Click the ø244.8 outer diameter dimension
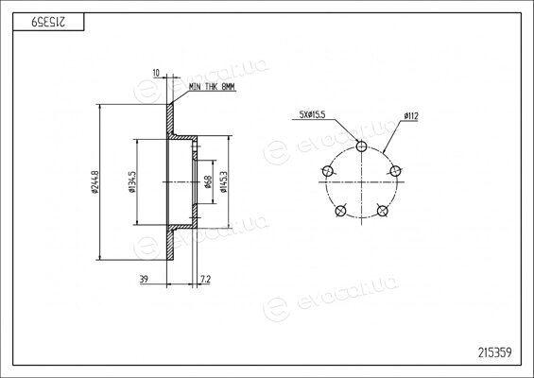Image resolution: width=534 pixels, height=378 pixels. [95, 182]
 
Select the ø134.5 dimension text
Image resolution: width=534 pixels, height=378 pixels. [132, 182]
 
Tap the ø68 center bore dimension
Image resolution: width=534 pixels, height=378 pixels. [208, 181]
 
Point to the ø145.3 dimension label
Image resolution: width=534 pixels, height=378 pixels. [224, 182]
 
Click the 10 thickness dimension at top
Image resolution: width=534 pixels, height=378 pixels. [156, 73]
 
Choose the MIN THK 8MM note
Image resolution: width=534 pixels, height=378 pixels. [212, 87]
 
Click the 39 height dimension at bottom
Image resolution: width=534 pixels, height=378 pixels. [144, 279]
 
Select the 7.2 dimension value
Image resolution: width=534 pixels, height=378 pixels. [206, 279]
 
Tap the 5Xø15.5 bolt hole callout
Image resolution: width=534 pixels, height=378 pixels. [312, 114]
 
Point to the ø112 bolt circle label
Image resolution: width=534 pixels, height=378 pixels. [411, 116]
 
